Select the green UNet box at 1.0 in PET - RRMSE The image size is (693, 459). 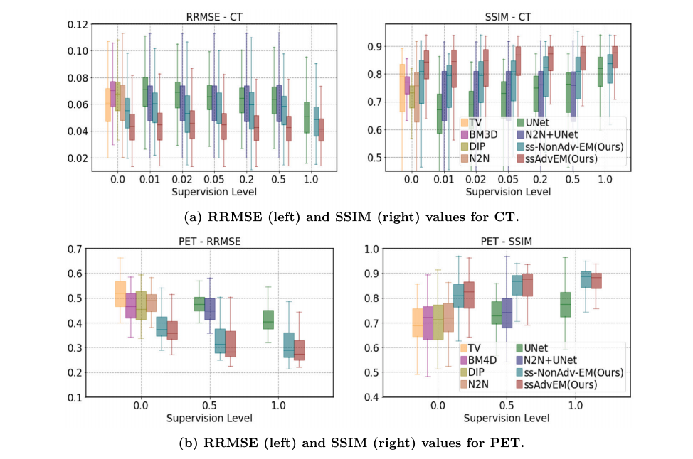coord(268,319)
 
